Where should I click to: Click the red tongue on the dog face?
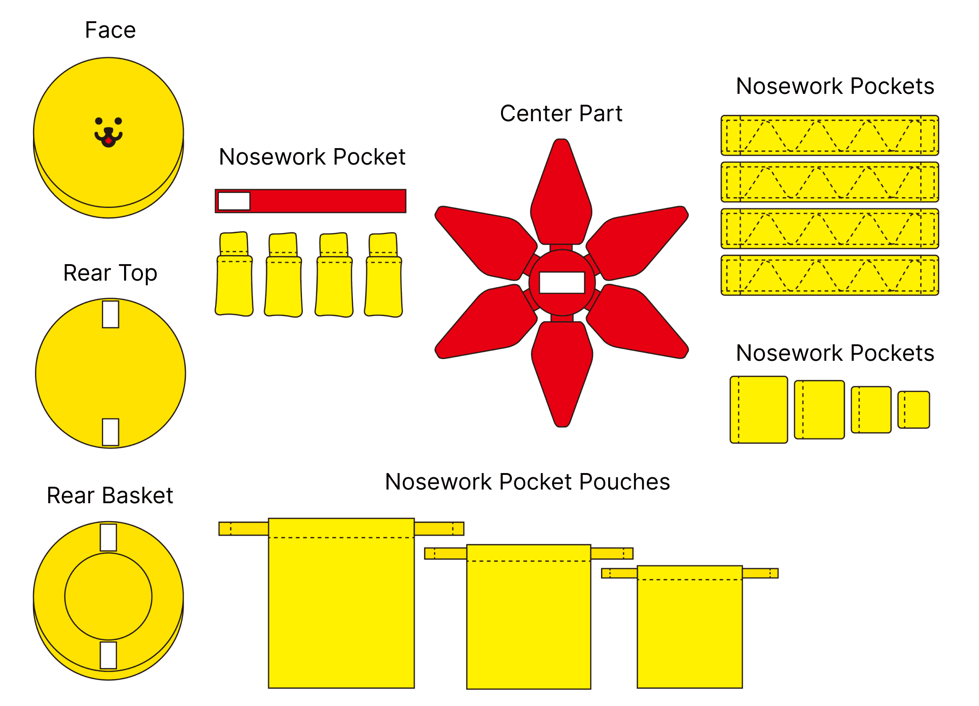109,140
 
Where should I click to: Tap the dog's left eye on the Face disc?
99,121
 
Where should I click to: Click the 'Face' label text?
110,30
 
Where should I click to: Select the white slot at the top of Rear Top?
110,314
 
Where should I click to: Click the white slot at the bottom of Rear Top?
110,432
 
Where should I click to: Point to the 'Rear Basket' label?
110,496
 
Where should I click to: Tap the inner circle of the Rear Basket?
109,597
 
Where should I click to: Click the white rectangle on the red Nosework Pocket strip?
234,201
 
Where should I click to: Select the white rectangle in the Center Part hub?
561,282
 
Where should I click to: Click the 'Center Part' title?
561,114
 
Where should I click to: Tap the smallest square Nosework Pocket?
913,410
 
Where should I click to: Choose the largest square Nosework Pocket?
759,409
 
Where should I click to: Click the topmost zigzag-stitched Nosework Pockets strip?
829,135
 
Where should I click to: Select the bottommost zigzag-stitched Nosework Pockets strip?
829,275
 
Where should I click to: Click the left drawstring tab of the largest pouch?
243,529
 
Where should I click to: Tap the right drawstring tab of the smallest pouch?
760,573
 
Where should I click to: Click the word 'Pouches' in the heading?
625,482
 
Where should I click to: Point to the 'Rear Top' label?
110,273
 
